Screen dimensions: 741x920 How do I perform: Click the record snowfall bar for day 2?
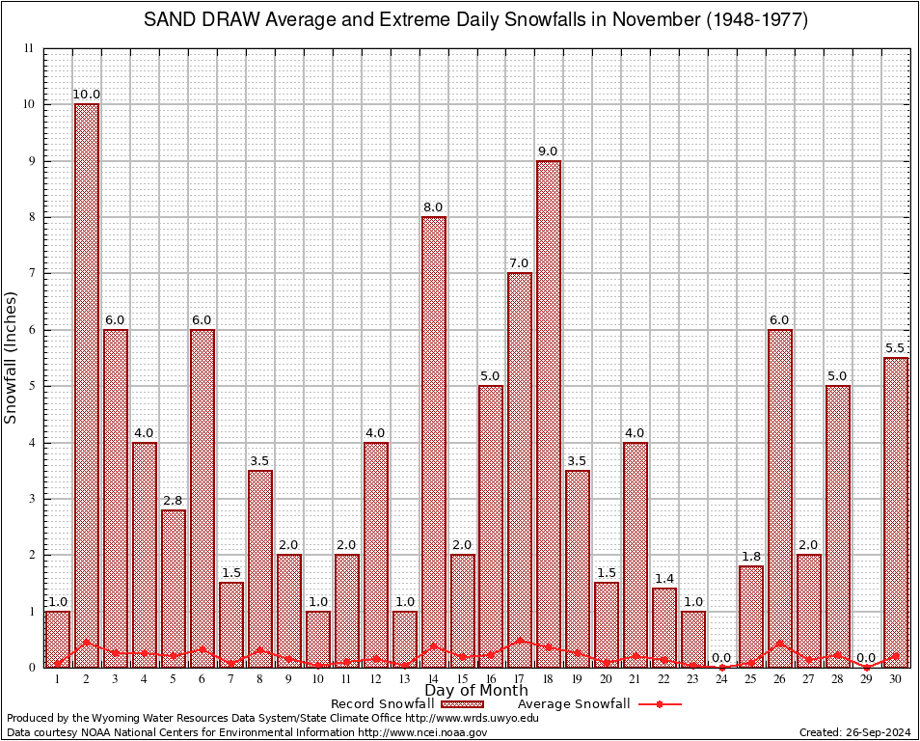(87, 385)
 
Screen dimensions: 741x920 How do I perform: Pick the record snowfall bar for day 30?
(896, 511)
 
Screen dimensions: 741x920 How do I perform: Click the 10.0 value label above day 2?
(87, 95)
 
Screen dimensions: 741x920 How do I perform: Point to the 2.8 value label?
(174, 501)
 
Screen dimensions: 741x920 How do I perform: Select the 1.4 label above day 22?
(664, 579)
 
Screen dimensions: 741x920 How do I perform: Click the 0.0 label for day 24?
(722, 658)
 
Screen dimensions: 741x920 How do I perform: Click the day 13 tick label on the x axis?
(404, 679)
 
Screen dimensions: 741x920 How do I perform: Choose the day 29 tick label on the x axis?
(867, 679)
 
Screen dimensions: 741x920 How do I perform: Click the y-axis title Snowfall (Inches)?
(12, 358)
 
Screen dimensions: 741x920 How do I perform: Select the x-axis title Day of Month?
(475, 691)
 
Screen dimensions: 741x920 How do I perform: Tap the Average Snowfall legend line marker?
(659, 704)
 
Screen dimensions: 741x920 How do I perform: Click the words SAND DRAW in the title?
(199, 20)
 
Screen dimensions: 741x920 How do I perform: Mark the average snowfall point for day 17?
(520, 640)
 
